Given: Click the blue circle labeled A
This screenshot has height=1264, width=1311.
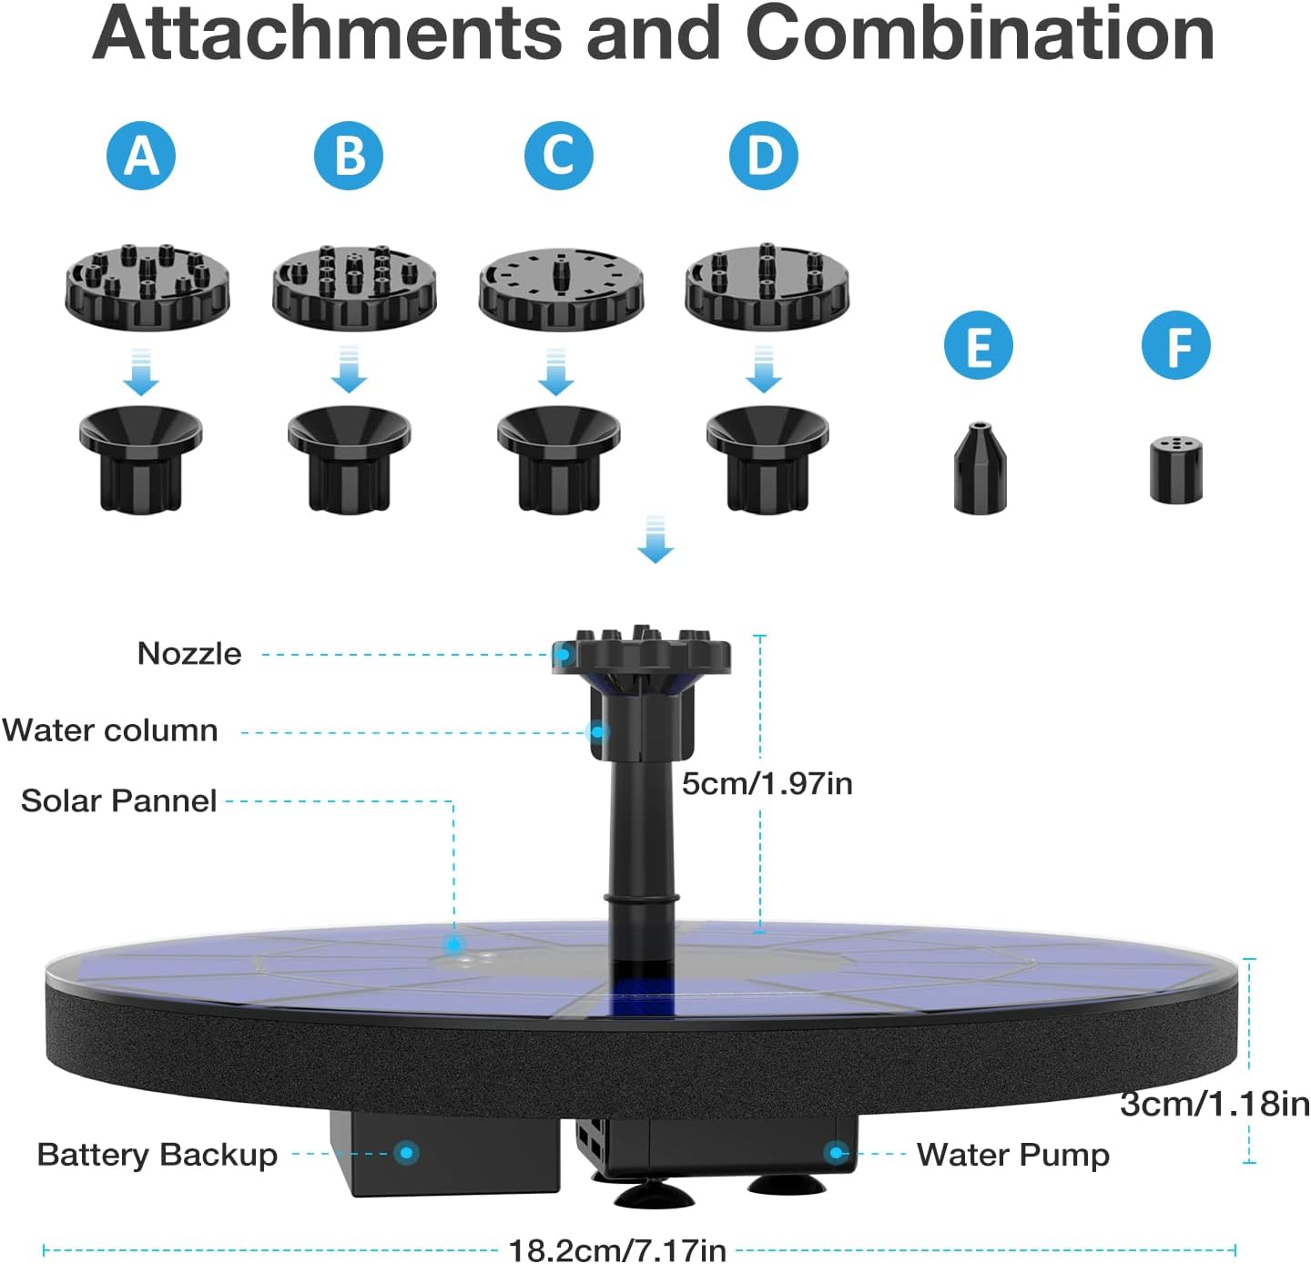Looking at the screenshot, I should point(141,156).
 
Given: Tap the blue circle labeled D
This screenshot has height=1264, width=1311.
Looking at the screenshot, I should point(764,156).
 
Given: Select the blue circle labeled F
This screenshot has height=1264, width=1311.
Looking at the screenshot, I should point(1176,346).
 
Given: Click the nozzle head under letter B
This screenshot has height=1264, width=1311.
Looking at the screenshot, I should point(354,288).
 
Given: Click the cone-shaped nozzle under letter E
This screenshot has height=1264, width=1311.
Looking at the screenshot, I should point(980,468).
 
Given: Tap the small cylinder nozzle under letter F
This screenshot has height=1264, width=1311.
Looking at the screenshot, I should point(1175,470).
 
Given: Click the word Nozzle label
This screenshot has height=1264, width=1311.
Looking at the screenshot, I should point(189,654).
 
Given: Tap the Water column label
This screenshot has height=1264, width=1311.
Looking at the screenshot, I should point(110,730).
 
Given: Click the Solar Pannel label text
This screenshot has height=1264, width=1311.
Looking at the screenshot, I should point(119,800).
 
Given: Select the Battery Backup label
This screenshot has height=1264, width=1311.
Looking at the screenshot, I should point(158,1155).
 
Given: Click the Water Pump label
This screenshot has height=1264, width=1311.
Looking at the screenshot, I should point(1012,1155).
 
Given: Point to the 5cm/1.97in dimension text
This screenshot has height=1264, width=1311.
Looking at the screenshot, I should point(767,783).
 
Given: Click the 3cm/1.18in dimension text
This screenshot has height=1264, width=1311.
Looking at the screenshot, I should point(1214,1104).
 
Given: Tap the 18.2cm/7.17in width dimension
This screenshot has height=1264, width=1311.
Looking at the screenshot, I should point(617,1250).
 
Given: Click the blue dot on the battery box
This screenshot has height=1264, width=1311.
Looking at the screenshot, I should point(407,1153).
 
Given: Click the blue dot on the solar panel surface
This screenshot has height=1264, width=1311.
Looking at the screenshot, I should point(452,943).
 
